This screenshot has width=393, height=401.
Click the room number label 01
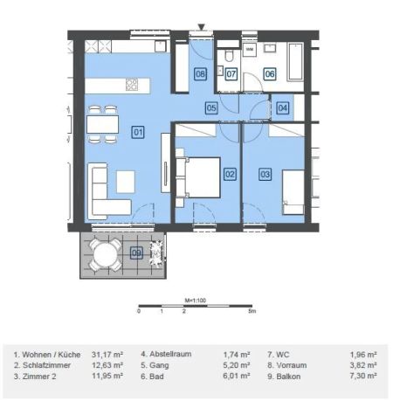coord(137,132)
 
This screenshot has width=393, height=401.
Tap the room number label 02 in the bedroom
coord(230,174)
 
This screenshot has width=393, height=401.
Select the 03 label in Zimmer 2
coord(265,174)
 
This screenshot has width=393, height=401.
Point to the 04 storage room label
coord(281,108)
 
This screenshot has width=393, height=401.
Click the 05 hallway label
coord(211,108)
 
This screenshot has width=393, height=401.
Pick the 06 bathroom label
coord(270,74)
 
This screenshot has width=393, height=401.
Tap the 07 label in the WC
coord(231,74)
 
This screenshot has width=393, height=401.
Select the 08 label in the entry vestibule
coord(201,74)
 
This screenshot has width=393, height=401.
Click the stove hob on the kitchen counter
coord(132,85)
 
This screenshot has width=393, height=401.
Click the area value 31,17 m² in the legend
coord(107,354)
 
